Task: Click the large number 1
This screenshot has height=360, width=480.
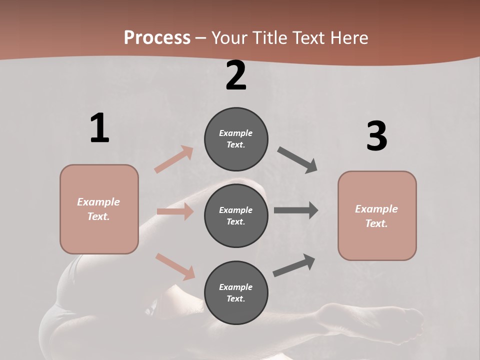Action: point(99,128)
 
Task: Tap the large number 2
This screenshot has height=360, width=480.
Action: point(236,75)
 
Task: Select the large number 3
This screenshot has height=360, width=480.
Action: point(376,136)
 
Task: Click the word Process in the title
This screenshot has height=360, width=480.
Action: point(157,37)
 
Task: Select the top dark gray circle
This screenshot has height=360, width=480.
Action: point(236,139)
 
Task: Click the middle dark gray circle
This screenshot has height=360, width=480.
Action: point(236,215)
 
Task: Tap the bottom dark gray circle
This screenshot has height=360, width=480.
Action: point(236,292)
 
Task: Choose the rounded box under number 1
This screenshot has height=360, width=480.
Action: point(99,209)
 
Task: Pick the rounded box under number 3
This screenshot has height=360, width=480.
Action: point(377,215)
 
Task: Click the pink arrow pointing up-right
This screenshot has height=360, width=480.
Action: point(174,159)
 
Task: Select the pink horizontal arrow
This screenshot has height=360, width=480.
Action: point(175,211)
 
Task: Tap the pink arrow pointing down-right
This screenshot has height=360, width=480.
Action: point(175,266)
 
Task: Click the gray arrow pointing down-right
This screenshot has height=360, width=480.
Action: point(297,160)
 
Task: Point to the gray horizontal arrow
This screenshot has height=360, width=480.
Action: point(296,210)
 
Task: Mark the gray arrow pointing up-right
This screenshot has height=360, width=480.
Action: point(294,265)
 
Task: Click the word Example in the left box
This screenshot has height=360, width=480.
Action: point(98,202)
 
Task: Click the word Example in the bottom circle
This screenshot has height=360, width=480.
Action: point(235,287)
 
